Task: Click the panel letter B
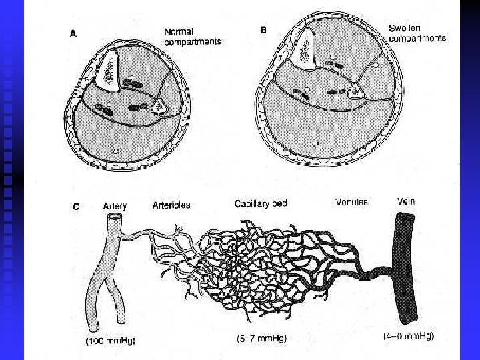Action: pyautogui.click(x=263, y=30)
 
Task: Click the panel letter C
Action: pyautogui.click(x=76, y=206)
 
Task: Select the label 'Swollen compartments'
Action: pyautogui.click(x=417, y=33)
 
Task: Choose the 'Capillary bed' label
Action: pyautogui.click(x=261, y=203)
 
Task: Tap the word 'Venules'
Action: pyautogui.click(x=351, y=201)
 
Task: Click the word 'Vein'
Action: pyautogui.click(x=407, y=200)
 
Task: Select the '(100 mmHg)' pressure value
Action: pyautogui.click(x=111, y=341)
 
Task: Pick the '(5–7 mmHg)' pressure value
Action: pyautogui.click(x=261, y=339)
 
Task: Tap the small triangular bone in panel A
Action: pyautogui.click(x=160, y=105)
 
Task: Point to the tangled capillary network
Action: pyautogui.click(x=267, y=267)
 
